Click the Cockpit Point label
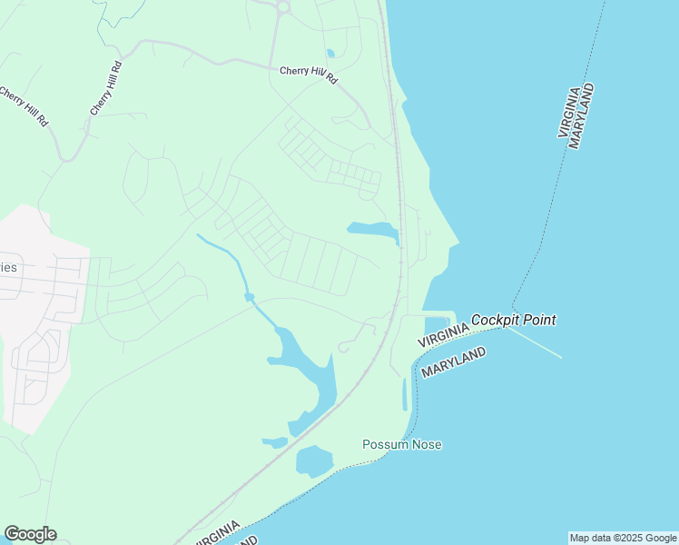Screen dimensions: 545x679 [513, 320]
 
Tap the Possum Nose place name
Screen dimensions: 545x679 [401, 444]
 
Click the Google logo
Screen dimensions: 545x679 [30, 534]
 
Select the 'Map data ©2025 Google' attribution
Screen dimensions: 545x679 [623, 538]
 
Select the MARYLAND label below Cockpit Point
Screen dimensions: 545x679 [453, 362]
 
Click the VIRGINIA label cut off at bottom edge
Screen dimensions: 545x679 [216, 534]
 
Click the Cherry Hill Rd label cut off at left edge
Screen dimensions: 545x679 [24, 107]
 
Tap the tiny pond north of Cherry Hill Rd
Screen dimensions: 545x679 [330, 53]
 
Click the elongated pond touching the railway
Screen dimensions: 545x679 [374, 231]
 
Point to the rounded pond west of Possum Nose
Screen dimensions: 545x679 [313, 461]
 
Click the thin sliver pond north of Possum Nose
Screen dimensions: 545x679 [405, 394]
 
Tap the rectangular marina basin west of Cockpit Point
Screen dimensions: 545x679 [437, 323]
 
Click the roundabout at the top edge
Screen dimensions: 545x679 [282, 7]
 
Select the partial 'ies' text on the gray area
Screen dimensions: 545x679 [9, 267]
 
